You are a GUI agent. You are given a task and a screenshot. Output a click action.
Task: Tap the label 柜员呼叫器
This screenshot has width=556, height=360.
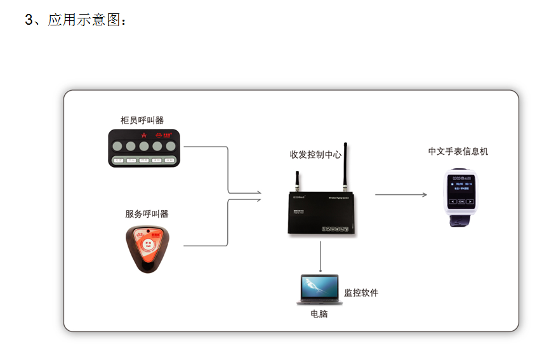pos(142,120)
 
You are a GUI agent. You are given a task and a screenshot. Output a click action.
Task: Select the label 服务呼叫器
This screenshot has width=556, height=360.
pos(147,214)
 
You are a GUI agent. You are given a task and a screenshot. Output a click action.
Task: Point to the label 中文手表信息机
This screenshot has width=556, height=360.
pos(458,151)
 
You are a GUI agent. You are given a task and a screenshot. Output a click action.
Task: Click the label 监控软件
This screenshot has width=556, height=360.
pos(361,293)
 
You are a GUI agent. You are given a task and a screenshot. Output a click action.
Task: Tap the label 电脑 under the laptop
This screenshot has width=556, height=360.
pos(319,314)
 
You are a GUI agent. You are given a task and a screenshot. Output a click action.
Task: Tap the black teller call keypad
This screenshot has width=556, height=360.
pos(144,149)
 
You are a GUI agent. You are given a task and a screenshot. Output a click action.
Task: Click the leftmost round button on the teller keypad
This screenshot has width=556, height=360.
pos(118,147)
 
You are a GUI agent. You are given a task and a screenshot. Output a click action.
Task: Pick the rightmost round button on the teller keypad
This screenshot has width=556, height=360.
pos(170,147)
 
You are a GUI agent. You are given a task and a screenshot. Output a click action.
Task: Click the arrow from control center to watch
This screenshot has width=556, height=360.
pos(400,194)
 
